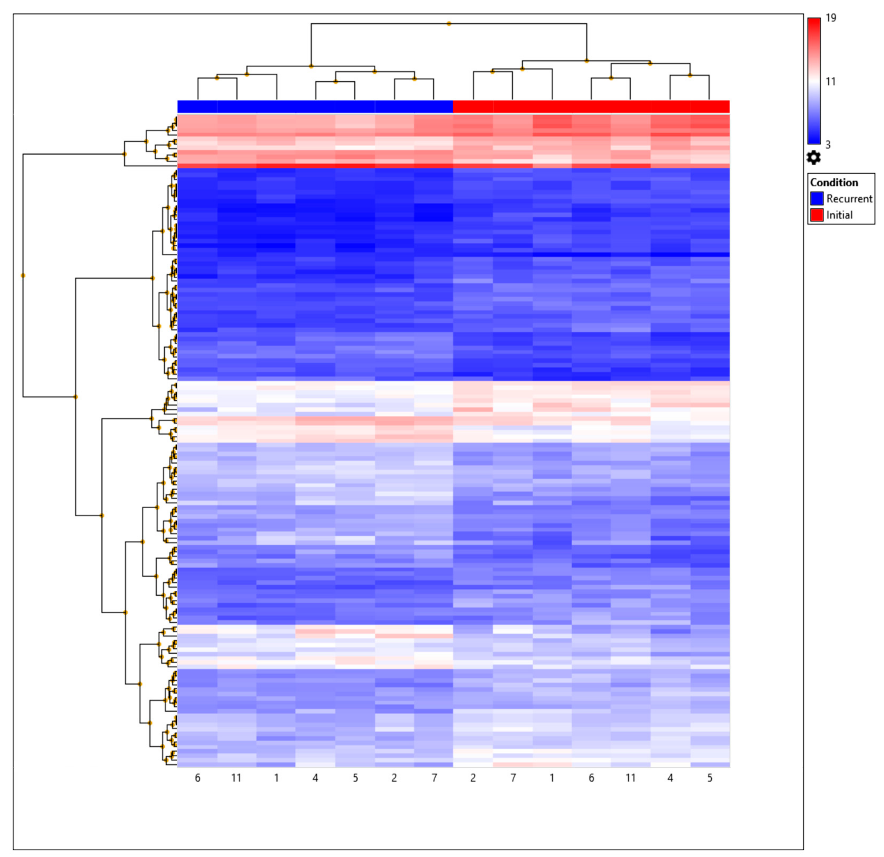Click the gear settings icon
tap(814, 158)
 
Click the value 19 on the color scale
tap(831, 18)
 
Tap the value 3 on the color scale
tap(828, 145)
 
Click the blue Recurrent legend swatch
tap(817, 198)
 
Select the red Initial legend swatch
tap(817, 215)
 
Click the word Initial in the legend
tap(839, 215)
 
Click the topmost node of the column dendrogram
tap(449, 23)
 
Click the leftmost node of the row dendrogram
tap(23, 276)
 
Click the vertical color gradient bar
tap(814, 81)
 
